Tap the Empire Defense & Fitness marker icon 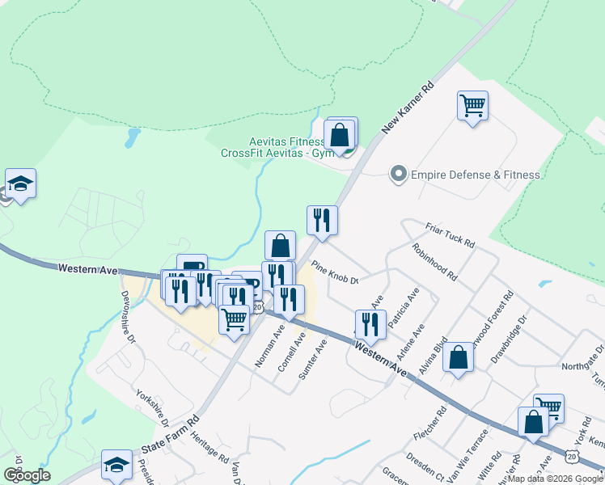pyautogui.click(x=398, y=174)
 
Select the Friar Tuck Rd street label pyautogui.click(x=450, y=234)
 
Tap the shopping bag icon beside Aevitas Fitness pyautogui.click(x=341, y=135)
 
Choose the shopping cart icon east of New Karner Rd pyautogui.click(x=472, y=105)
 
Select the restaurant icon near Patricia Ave pyautogui.click(x=370, y=325)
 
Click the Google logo pyautogui.click(x=27, y=474)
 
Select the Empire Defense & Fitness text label pyautogui.click(x=476, y=174)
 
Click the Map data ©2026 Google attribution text pyautogui.click(x=555, y=479)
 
